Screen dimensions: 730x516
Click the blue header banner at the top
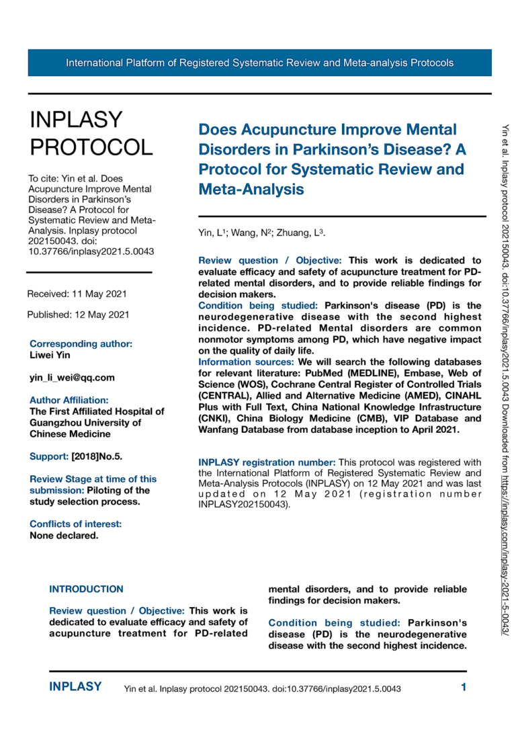coord(259,63)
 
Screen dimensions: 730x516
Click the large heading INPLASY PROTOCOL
coord(91,133)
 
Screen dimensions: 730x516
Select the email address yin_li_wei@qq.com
coord(72,377)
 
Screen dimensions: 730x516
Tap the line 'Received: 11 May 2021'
coord(77,294)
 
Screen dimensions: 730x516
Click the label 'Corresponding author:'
coord(81,343)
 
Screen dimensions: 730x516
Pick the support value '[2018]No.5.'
coord(97,456)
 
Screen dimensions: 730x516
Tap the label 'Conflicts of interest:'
coord(75,524)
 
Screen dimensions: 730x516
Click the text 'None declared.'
coord(64,536)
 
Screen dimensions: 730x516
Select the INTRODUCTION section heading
coord(86,589)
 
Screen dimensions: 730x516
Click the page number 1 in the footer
coord(464,687)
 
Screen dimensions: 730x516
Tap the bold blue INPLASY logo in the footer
coord(75,687)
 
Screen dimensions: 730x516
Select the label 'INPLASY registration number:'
coord(267,462)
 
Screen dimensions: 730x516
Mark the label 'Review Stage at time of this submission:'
coord(93,485)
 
